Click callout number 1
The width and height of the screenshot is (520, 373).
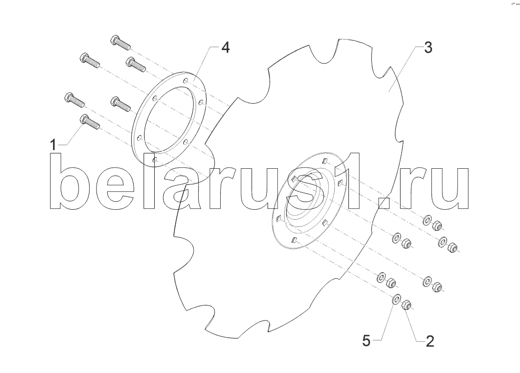pos(53,145)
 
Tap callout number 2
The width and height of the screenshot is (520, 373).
pos(429,341)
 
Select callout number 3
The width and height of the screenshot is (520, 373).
pos(428,48)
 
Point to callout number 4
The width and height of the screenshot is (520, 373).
pos(225,48)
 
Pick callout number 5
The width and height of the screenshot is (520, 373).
pos(366,341)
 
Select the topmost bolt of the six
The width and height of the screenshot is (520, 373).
pos(120,43)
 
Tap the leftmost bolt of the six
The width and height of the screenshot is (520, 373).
pos(74,99)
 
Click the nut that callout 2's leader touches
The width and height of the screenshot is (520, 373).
pos(406,304)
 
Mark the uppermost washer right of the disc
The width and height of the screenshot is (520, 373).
pos(426,220)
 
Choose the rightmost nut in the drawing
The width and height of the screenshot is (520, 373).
pos(452,247)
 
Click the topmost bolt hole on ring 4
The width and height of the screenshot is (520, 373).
pos(186,80)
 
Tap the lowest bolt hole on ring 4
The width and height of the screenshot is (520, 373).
pos(154,160)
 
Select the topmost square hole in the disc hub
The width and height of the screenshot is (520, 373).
pos(325,161)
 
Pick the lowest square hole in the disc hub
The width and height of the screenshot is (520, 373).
pos(293,240)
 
